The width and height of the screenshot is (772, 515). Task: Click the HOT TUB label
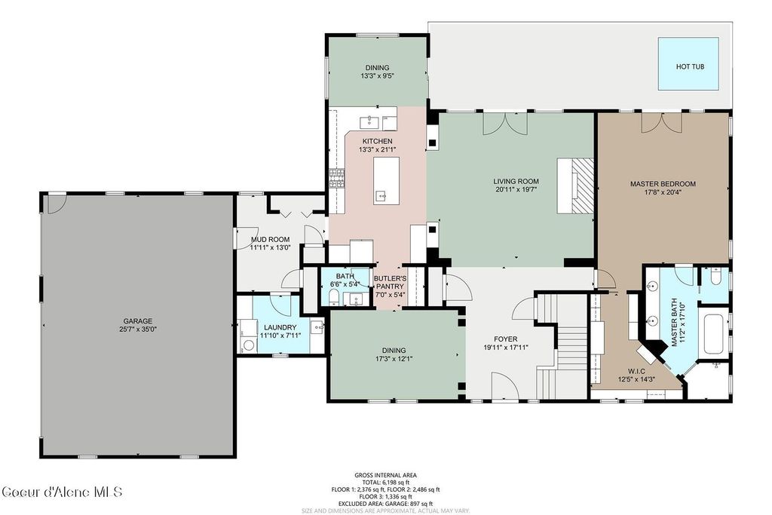click(689, 66)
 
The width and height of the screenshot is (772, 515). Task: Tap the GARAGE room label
click(137, 321)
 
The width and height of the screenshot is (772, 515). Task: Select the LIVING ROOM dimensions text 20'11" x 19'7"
click(516, 189)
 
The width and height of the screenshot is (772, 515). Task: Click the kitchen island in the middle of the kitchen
click(387, 181)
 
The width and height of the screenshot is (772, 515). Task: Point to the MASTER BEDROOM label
click(663, 184)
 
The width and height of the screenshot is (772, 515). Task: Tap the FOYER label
click(506, 339)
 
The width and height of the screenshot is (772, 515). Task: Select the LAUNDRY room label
click(280, 327)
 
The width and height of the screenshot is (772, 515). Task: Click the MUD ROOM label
click(271, 240)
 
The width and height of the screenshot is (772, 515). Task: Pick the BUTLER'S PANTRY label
click(390, 282)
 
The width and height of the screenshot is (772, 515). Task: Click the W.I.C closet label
click(636, 371)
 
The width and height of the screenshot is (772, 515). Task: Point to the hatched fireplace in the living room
click(584, 185)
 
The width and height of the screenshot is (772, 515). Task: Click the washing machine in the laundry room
click(249, 344)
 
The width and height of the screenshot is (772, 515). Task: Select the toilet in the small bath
click(333, 297)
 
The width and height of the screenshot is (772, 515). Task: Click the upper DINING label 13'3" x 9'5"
click(377, 72)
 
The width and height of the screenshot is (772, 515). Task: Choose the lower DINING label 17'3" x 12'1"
click(394, 354)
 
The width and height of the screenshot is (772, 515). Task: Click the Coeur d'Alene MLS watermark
click(62, 492)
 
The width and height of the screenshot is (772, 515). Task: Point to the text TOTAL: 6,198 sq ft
click(385, 483)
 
